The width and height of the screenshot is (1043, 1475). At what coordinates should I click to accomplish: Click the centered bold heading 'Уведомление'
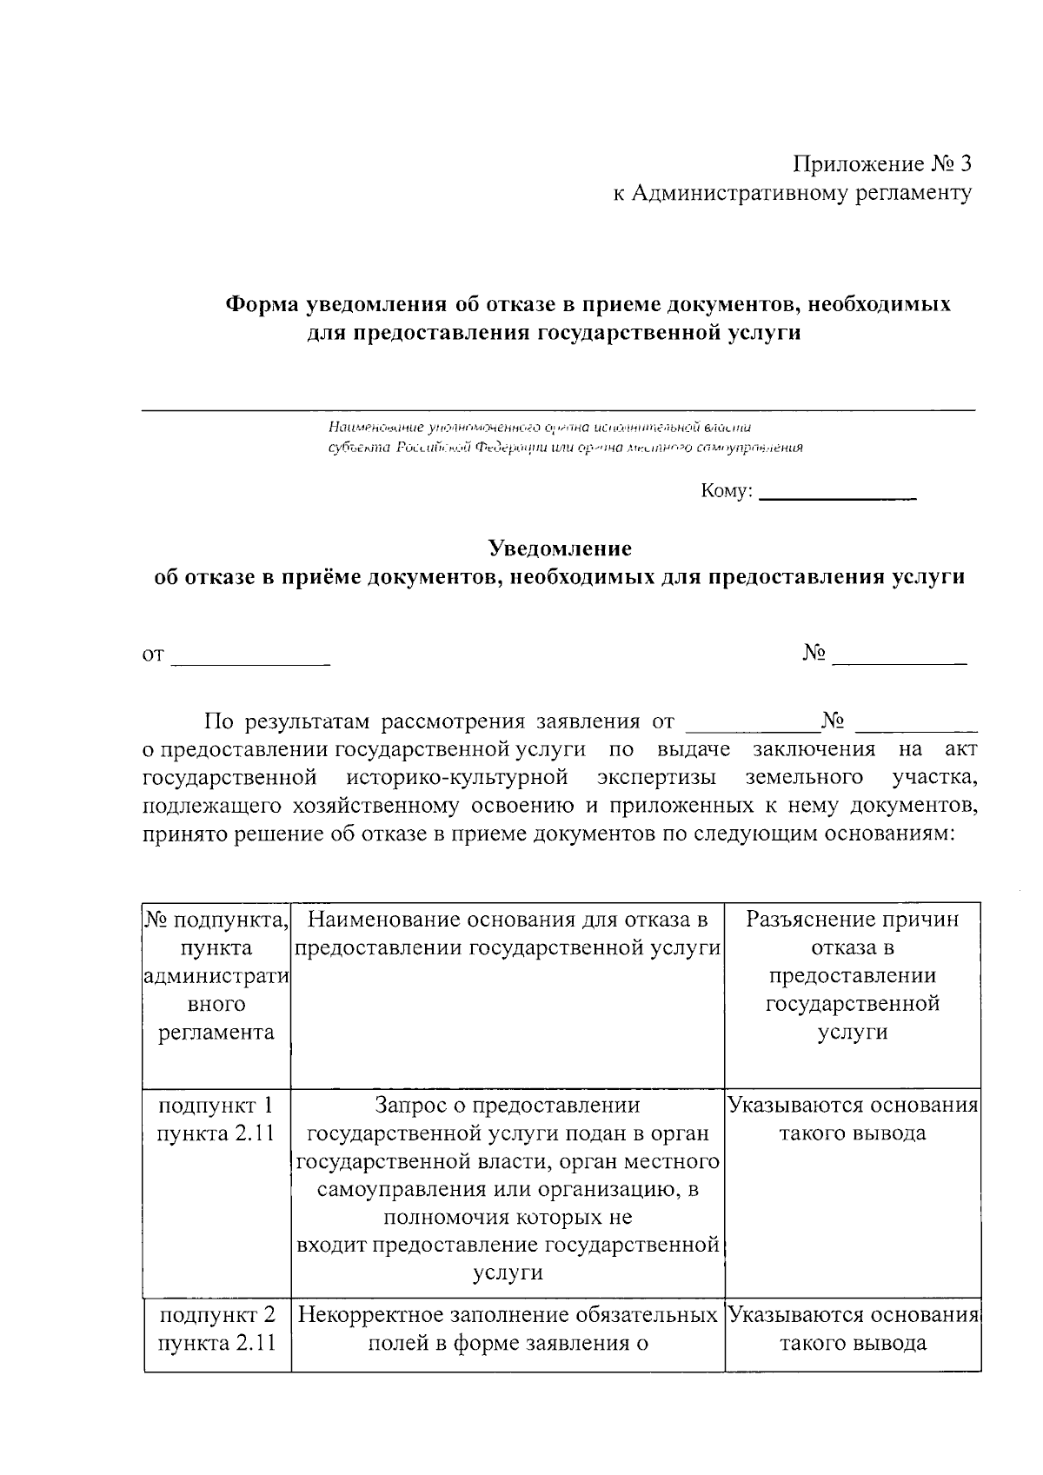(x=560, y=548)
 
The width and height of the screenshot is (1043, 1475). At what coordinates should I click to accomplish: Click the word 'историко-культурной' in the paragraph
(x=457, y=776)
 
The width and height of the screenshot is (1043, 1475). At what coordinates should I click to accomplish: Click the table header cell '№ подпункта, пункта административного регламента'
(x=217, y=976)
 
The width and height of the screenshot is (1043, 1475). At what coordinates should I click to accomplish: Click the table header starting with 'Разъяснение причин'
(x=853, y=975)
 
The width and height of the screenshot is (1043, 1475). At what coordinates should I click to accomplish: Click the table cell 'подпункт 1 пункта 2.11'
(x=217, y=1120)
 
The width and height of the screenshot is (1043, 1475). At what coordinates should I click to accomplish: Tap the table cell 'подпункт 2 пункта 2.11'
(x=217, y=1328)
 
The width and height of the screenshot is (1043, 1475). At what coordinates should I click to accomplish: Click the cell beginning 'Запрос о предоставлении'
(x=508, y=1189)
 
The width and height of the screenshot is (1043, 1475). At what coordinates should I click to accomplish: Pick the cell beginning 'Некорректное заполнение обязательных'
(x=508, y=1328)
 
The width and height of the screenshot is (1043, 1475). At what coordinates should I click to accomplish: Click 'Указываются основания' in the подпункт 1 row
(x=853, y=1106)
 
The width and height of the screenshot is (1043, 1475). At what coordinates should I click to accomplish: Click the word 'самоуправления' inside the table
(x=402, y=1190)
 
